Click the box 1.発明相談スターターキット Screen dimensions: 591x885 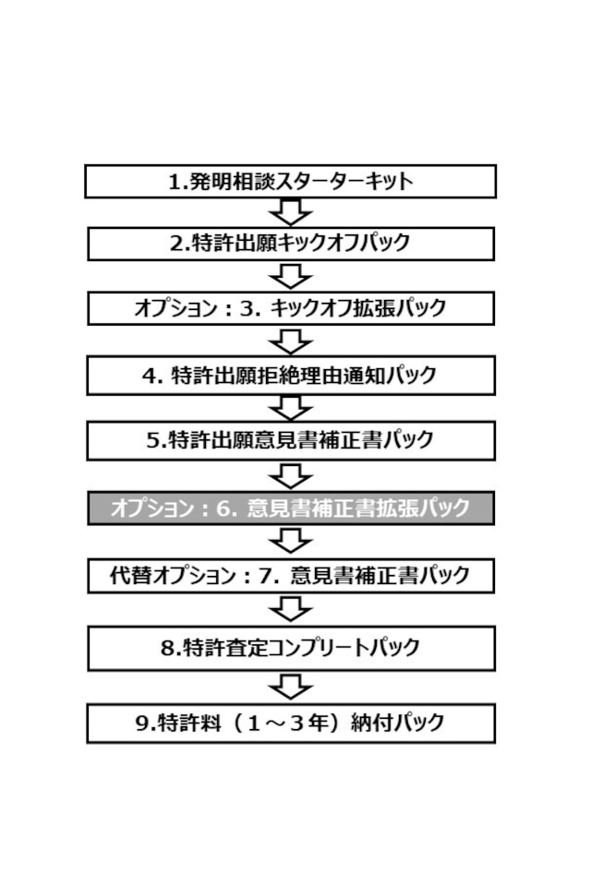coord(290,181)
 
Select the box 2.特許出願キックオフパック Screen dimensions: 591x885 coord(291,244)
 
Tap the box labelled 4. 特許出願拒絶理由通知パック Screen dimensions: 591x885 coord(291,376)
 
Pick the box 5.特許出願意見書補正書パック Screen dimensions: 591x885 coord(291,440)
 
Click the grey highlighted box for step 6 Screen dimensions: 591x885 coord(291,508)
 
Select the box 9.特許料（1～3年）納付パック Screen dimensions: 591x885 coord(291,723)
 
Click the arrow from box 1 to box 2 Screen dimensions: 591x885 coord(290,213)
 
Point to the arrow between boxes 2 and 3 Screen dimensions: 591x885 coord(290,276)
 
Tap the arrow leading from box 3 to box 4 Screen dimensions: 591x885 coord(290,341)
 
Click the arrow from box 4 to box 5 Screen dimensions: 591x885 coord(290,408)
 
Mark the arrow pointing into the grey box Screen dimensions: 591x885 coord(290,476)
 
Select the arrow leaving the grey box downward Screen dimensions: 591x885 coord(290,542)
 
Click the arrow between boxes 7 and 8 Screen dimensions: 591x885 coord(290,609)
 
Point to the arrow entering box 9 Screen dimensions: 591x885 coord(290,687)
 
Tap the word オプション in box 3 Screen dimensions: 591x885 coord(176,308)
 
